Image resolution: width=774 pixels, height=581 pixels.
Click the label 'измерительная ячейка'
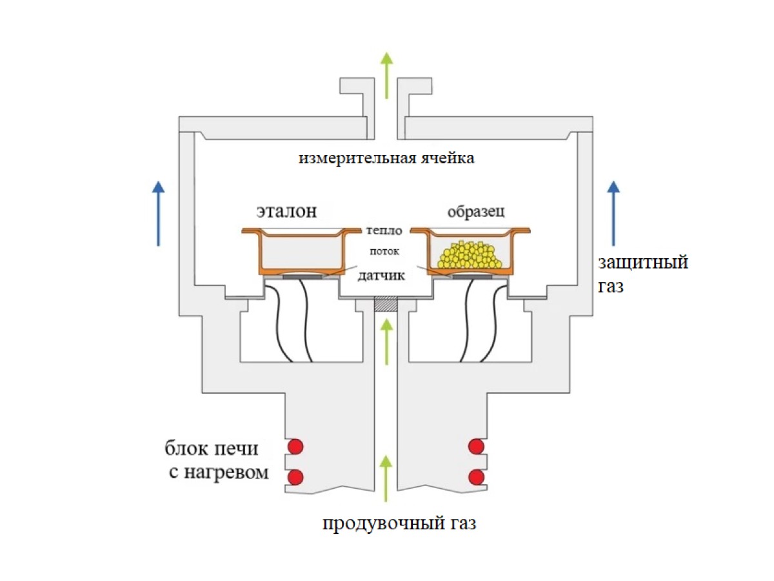(386, 158)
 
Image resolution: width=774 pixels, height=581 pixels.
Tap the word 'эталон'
(286, 211)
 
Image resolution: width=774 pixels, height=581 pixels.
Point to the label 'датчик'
(381, 276)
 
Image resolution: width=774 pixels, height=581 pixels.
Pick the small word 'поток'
(385, 250)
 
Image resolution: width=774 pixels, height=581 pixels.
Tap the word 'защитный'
(642, 263)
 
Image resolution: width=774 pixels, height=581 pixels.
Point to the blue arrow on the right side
(614, 213)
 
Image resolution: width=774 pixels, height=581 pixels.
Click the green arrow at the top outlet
(386, 74)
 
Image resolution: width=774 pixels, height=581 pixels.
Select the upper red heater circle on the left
(295, 446)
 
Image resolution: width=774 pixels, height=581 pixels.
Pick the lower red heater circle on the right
(477, 477)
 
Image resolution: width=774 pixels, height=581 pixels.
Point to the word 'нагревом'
(236, 472)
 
